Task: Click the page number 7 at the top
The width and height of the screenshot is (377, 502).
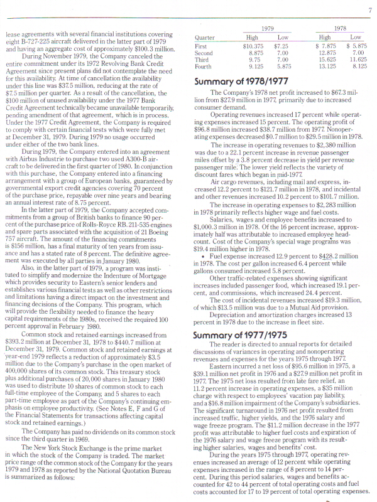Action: [369, 9]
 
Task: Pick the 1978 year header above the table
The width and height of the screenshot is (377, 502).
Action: [341, 29]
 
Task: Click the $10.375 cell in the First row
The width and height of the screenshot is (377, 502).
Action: [253, 46]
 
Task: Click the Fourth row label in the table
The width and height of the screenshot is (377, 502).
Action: [204, 67]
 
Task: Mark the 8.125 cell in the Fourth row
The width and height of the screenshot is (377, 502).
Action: [359, 67]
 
